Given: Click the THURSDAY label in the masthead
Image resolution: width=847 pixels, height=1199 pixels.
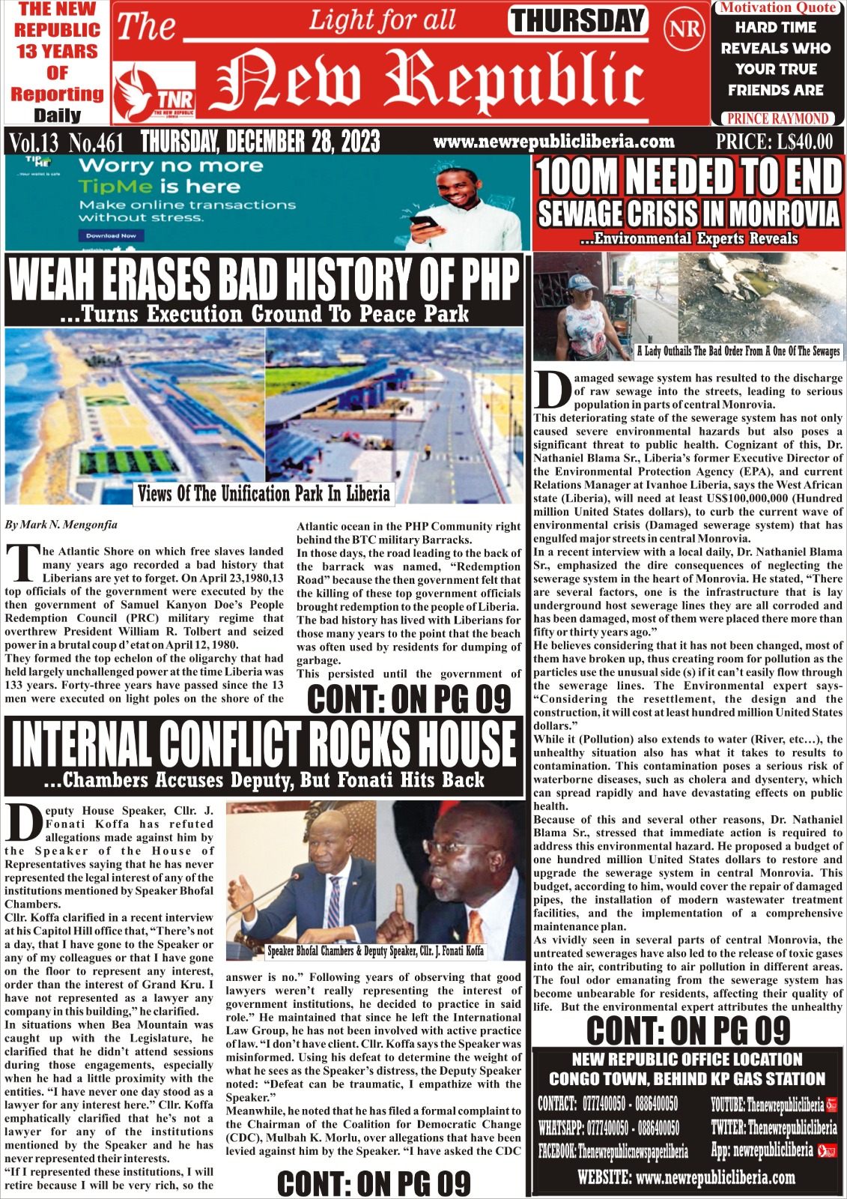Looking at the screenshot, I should click(x=577, y=21).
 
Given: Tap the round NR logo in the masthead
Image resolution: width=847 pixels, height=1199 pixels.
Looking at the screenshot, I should click(x=684, y=29).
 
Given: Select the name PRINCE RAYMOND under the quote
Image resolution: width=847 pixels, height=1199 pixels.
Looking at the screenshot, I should click(x=778, y=118).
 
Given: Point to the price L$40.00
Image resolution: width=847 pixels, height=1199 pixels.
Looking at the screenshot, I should click(x=774, y=142).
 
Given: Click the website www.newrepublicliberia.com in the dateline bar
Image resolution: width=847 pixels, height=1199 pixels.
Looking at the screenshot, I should click(x=553, y=142).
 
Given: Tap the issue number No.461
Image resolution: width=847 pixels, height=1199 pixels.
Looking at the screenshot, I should click(x=96, y=142).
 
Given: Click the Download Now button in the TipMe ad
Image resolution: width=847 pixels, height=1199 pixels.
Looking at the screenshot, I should click(x=111, y=235).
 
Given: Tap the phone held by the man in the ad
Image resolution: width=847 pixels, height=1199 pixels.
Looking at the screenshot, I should click(x=423, y=223).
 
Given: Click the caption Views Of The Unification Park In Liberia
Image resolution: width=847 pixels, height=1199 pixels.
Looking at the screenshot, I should click(x=264, y=494).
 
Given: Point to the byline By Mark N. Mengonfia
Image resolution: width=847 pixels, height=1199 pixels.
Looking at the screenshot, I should click(x=61, y=525).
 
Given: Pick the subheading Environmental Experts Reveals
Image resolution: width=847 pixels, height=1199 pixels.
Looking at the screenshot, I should click(x=688, y=239).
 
